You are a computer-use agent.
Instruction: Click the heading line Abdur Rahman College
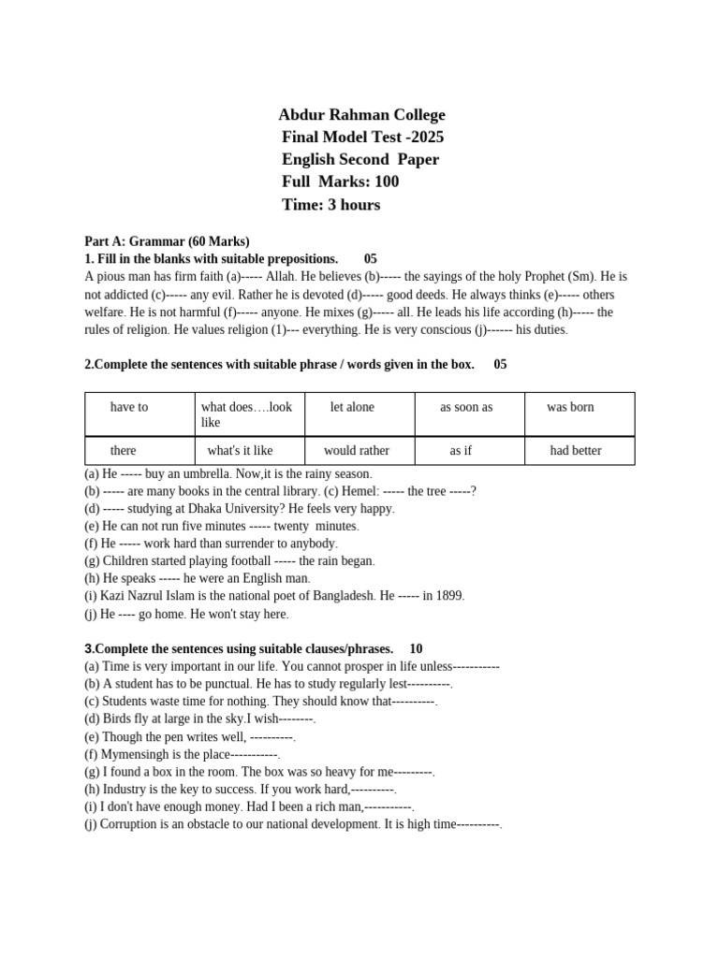click(x=361, y=115)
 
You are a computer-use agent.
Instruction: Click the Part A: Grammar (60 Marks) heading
click(x=167, y=241)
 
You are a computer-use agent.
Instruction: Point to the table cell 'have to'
click(x=129, y=407)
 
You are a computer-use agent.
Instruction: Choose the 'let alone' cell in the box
click(x=352, y=407)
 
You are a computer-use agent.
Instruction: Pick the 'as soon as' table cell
click(x=466, y=407)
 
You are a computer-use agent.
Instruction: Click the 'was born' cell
click(x=570, y=407)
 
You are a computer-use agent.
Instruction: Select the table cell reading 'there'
click(x=123, y=450)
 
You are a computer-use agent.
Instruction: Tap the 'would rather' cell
click(x=357, y=450)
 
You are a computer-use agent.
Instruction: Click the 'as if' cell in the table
click(x=461, y=450)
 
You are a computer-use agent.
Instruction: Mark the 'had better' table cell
click(x=576, y=450)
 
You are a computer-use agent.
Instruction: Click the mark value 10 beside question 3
click(x=416, y=648)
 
